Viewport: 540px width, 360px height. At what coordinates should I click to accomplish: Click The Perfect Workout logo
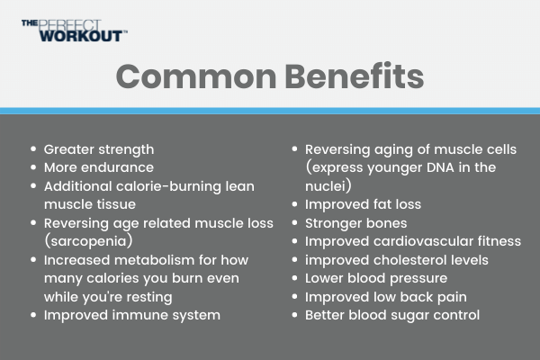[75, 31]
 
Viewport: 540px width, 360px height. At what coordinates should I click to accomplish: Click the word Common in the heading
[196, 76]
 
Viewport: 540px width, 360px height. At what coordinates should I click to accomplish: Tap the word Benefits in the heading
[355, 76]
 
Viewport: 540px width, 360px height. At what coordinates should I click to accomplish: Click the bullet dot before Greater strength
[33, 148]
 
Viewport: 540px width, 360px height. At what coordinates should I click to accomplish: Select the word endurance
[120, 167]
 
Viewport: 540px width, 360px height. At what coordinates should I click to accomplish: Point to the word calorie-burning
[168, 186]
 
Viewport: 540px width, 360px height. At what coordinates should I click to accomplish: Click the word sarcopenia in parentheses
[88, 241]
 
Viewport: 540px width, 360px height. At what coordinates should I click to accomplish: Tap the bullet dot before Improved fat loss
[294, 204]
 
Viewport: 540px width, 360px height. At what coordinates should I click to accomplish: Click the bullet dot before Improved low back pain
[294, 297]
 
